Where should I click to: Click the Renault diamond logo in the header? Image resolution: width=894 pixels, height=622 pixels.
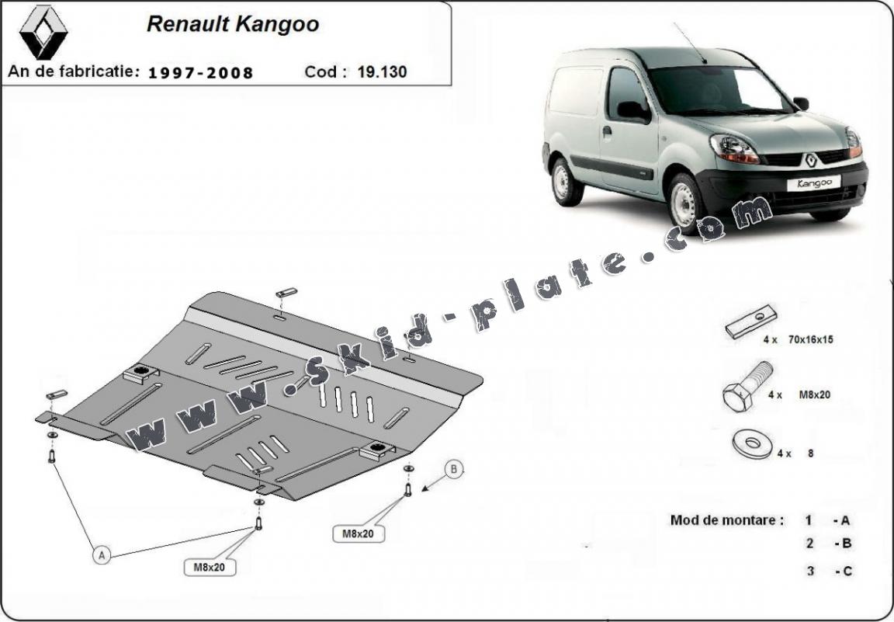[43, 33]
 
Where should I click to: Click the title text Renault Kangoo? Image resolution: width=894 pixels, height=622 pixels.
[232, 24]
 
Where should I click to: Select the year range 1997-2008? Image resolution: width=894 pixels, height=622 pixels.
[200, 73]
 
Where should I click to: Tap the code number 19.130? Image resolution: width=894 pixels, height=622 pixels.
[382, 72]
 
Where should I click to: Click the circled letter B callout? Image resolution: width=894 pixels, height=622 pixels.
[454, 469]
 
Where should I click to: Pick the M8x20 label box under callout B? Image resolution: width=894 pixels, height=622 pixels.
[359, 533]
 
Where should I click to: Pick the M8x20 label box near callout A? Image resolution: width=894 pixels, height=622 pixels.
[210, 568]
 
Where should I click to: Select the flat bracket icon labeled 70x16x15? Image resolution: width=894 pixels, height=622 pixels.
[750, 321]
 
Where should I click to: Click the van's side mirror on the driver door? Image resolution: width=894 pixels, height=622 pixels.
[632, 111]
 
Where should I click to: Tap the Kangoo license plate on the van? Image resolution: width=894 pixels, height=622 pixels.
[813, 183]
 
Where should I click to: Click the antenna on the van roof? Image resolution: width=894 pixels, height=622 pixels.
[690, 43]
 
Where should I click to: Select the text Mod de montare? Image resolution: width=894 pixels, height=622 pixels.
[726, 520]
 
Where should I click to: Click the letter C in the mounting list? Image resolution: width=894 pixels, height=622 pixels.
[847, 571]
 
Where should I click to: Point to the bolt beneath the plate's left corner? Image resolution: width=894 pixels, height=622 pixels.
[51, 457]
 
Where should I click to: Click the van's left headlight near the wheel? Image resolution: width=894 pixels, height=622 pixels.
[734, 148]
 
